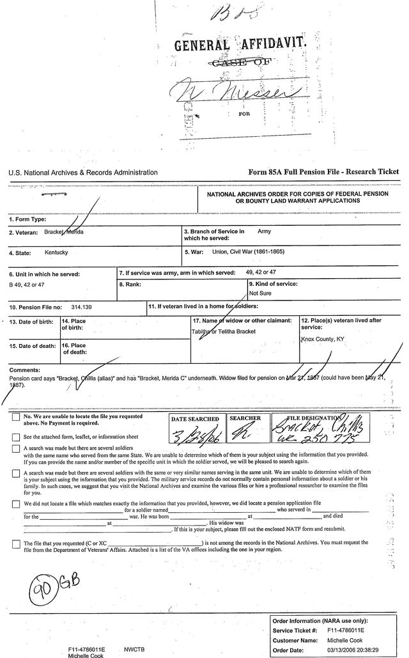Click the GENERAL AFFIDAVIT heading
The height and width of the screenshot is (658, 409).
point(232,45)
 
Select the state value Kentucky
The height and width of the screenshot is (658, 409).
point(56,253)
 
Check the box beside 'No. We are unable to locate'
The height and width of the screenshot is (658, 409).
point(15,418)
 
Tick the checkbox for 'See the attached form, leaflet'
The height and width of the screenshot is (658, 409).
point(15,437)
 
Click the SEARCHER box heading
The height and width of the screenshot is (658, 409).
point(245,419)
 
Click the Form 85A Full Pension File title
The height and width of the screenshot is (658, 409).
point(323,172)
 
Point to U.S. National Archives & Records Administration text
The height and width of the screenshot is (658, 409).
point(83,173)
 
